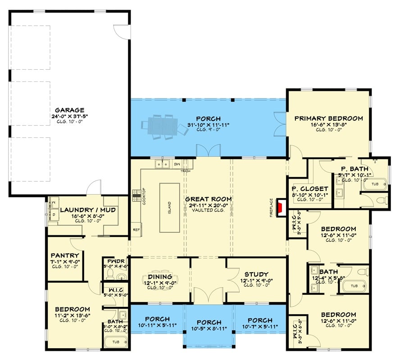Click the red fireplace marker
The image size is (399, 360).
click(x=280, y=207)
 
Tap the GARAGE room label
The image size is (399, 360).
click(x=70, y=110)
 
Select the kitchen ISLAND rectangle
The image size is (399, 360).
click(x=169, y=207)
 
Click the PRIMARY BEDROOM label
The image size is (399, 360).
click(x=328, y=118)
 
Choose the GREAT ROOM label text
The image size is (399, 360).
click(x=209, y=199)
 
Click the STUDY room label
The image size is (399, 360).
click(x=256, y=274)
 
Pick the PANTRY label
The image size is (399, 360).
click(x=65, y=256)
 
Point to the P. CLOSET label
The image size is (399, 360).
click(x=310, y=189)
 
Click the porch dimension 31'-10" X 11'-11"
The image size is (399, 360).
click(x=209, y=125)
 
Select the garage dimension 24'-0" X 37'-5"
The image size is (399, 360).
click(x=70, y=116)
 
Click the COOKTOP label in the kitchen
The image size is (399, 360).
click(x=144, y=196)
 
